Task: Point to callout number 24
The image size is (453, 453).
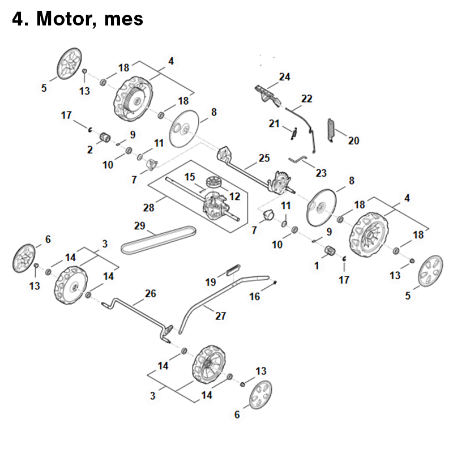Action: coord(284,77)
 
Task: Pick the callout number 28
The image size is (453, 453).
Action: coord(149,208)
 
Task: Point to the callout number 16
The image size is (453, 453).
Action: coord(255,296)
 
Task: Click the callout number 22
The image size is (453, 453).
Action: coord(306,99)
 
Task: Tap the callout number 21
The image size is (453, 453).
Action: coord(274,123)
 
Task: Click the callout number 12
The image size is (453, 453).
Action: coord(234,196)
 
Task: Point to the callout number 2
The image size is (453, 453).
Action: coord(90,149)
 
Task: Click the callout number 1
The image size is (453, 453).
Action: coord(317,264)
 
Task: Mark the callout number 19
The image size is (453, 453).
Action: coord(211,282)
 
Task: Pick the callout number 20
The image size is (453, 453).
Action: coord(353,140)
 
